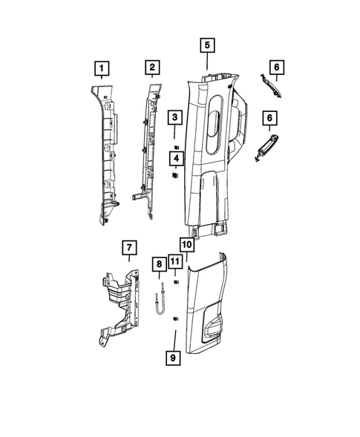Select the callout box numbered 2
click(151, 69)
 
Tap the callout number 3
click(175, 118)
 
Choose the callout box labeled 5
click(207, 45)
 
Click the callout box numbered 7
click(128, 247)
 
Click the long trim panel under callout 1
click(105, 156)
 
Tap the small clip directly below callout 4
click(175, 177)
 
